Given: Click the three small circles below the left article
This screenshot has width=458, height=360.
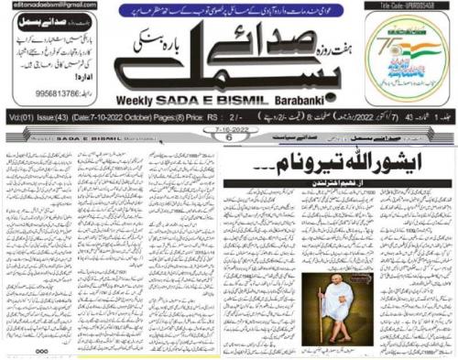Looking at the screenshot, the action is (x=42, y=350).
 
